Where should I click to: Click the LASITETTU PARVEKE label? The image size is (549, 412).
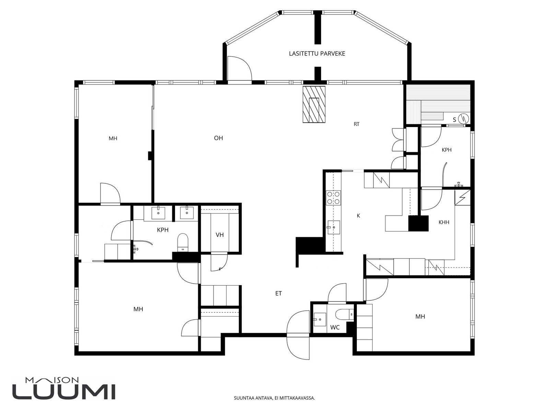(317, 54)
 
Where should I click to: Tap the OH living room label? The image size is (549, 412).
(218, 138)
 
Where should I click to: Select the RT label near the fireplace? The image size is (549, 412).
(357, 124)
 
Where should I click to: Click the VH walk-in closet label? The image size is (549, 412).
(220, 234)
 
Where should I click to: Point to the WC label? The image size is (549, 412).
(335, 328)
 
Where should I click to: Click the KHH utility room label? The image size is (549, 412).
(444, 222)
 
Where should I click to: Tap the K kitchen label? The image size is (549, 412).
(359, 216)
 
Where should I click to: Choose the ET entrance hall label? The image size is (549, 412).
(278, 294)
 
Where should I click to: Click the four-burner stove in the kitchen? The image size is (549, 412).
(333, 198)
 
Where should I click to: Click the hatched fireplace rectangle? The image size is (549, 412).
(314, 104)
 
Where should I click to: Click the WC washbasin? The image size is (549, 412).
(320, 319)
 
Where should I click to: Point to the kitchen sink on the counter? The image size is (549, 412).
(333, 227)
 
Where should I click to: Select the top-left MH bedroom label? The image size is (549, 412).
(113, 138)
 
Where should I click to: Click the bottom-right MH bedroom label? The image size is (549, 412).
(420, 317)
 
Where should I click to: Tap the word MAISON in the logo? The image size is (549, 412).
(52, 380)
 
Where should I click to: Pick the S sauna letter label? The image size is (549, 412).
(454, 120)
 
